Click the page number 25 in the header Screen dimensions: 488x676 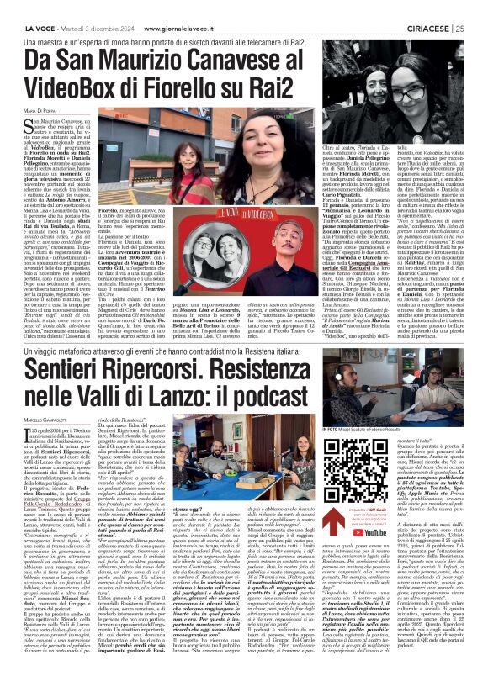point(478,7)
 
